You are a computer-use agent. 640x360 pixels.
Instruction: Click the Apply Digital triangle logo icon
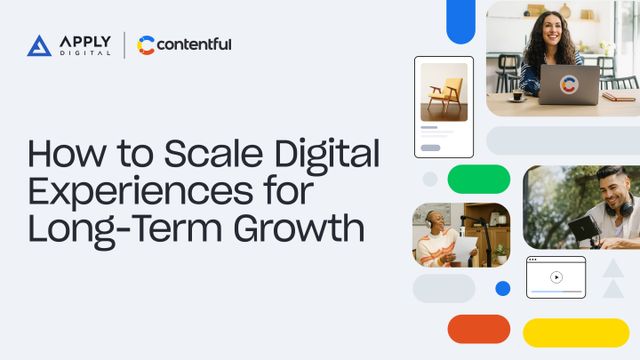pos(39,45)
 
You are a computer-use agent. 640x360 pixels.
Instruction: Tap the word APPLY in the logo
pos(85,40)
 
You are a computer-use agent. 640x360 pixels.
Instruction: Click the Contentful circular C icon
pos(146,45)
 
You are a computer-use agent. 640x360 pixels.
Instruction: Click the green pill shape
pos(478,179)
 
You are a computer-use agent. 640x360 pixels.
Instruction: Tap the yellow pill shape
pos(575,332)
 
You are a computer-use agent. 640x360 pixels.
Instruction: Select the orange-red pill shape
pos(478,329)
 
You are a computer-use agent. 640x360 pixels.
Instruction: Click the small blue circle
pos(503,288)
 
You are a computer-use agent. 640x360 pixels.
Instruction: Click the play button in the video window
pos(556,277)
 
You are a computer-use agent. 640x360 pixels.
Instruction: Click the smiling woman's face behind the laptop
pos(551,33)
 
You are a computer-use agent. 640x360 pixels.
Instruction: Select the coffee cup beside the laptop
pos(517,95)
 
